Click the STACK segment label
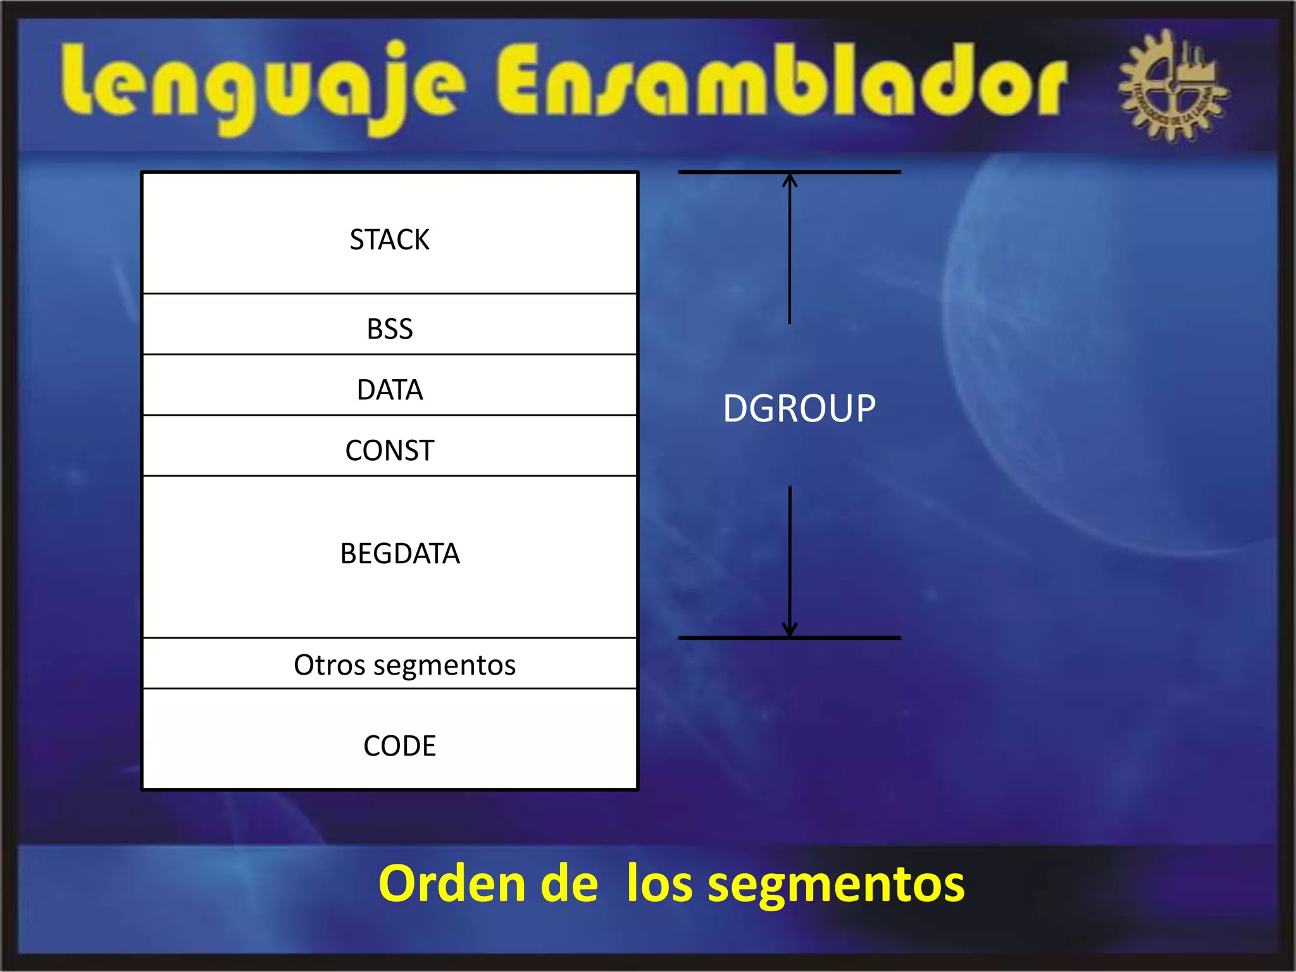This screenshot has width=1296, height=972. [389, 240]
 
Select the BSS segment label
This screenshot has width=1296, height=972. [389, 329]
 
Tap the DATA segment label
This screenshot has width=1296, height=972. [389, 390]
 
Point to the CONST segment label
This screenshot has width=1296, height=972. [389, 451]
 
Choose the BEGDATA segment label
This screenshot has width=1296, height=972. [399, 554]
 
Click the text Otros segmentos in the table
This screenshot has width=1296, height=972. [404, 665]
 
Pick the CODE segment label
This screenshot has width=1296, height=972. [399, 746]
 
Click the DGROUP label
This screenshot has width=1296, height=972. [799, 408]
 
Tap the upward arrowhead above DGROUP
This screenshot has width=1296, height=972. [789, 180]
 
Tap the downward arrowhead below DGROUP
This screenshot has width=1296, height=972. [789, 630]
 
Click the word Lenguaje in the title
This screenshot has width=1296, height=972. [263, 85]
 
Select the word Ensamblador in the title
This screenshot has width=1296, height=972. [782, 82]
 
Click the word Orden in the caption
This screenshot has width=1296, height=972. [452, 884]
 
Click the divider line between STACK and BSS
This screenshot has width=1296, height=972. [389, 294]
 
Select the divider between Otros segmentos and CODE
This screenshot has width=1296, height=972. [389, 688]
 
